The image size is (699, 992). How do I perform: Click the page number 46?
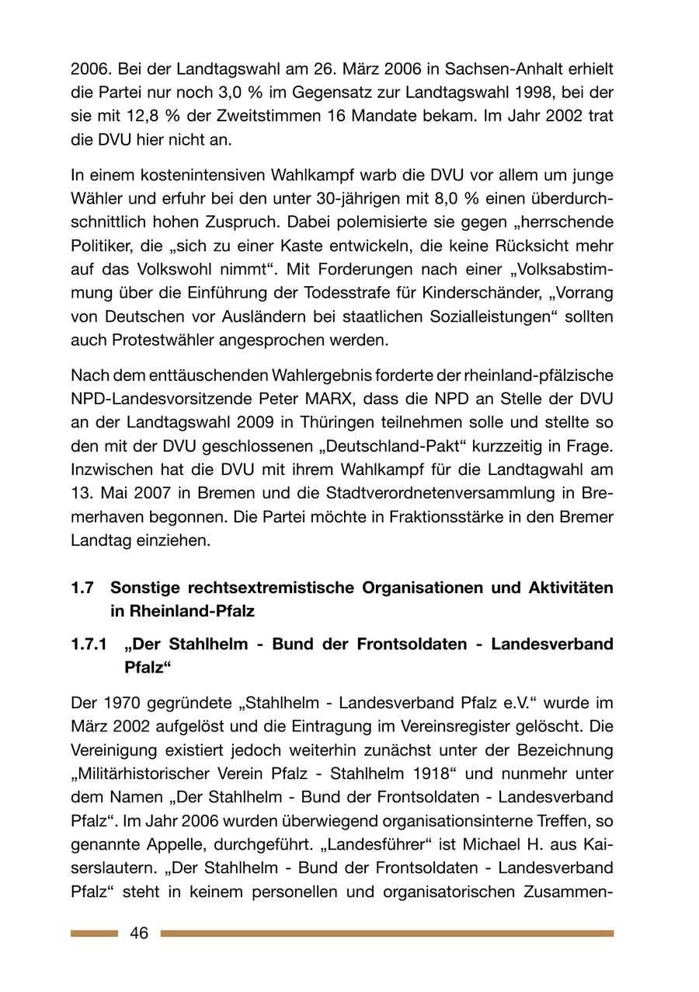coord(139,933)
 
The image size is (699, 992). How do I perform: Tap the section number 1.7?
coord(82,588)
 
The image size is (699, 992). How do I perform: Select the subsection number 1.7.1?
coord(89,644)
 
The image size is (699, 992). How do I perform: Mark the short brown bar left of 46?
coord(94,933)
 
